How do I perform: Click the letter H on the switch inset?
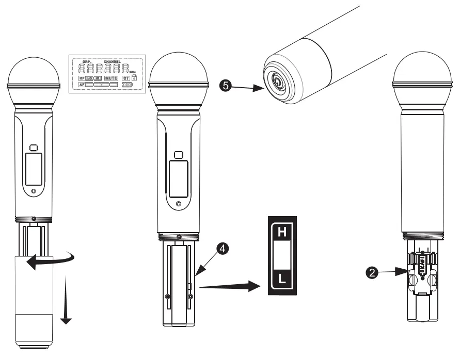281,233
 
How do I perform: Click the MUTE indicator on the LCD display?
111,79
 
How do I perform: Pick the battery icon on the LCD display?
127,85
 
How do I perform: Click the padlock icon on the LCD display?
135,78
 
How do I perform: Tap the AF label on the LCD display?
82,85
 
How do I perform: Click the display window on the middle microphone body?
178,179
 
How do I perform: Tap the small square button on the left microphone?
34,148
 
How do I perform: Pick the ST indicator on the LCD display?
125,79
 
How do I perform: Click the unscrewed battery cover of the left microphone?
34,304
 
